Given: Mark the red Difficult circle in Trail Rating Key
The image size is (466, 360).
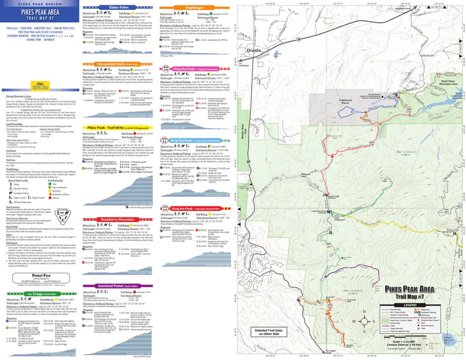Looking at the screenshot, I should (x=49, y=198).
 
